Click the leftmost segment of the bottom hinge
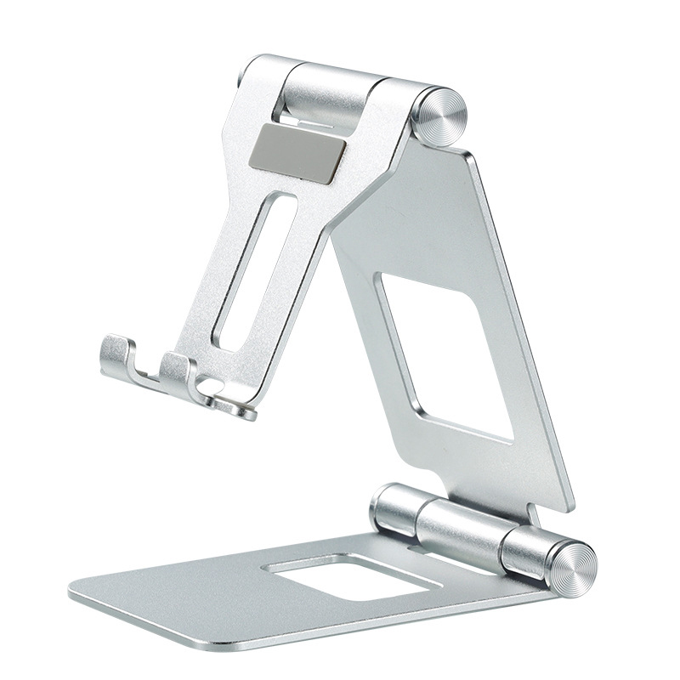tap(393, 507)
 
